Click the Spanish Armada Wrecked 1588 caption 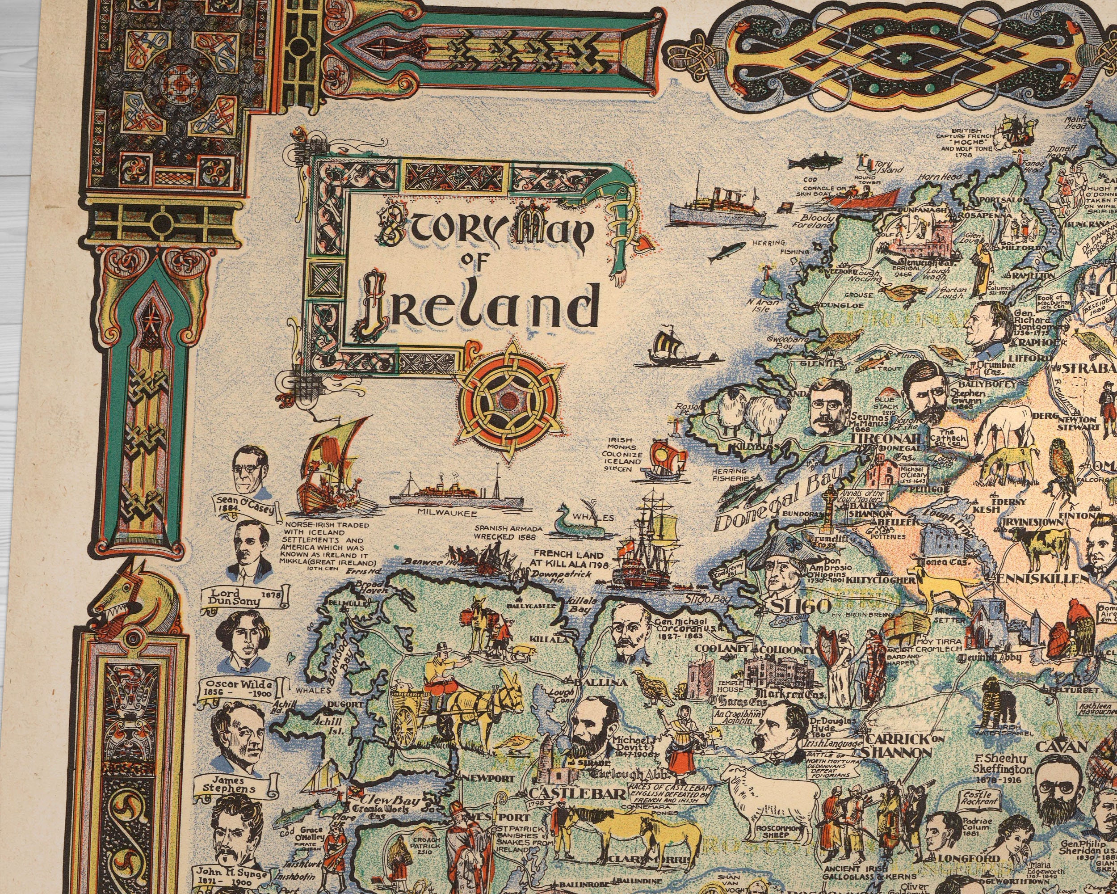point(509,533)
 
